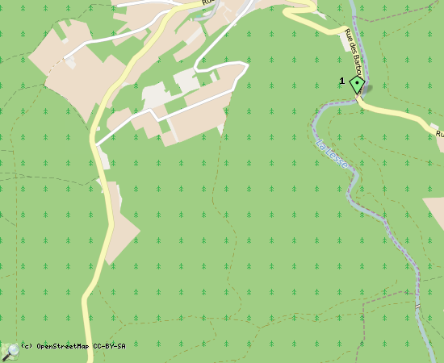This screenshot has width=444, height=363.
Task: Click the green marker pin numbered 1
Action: coord(357,85)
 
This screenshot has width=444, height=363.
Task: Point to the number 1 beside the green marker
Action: coord(342,81)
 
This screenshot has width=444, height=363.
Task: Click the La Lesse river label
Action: coord(333,153)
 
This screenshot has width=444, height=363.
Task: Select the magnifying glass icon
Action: coord(10,351)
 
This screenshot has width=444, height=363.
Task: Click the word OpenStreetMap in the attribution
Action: coord(63,346)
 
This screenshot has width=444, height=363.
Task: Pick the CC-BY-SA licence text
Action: coord(109,346)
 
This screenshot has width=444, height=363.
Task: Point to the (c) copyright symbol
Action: coord(25,346)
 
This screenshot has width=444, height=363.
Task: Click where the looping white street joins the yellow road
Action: coord(96,144)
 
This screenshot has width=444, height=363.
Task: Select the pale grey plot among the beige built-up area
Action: coord(186,81)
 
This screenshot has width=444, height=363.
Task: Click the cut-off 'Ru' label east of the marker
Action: coord(439,132)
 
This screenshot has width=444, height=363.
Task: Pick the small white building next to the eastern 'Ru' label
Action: coord(442,145)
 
